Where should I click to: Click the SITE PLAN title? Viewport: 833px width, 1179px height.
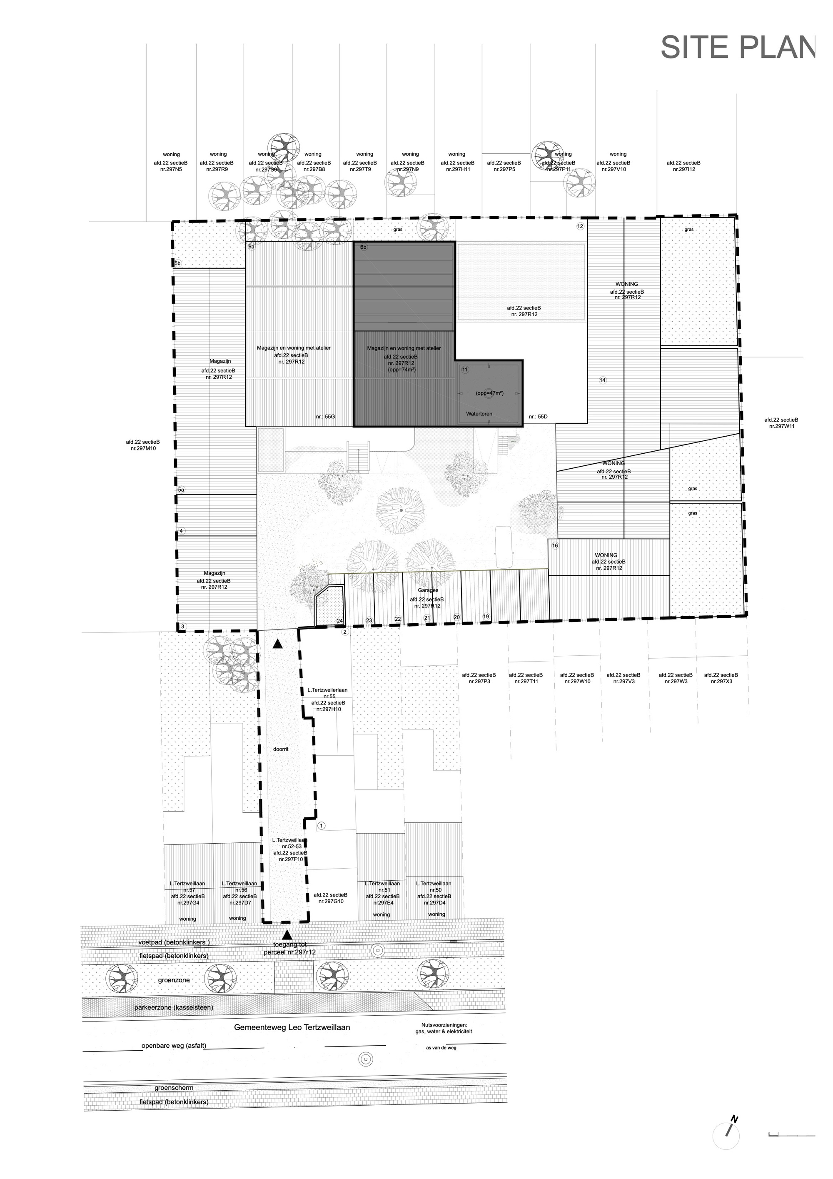737,48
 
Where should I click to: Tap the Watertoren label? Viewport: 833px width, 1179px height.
479,413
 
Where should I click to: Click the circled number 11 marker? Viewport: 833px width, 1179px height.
465,370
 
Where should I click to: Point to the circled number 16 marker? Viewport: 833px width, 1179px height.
554,546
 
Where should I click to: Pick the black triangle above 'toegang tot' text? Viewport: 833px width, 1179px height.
287,936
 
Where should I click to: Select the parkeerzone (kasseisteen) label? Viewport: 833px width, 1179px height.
174,1007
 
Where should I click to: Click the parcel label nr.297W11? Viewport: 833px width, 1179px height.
781,426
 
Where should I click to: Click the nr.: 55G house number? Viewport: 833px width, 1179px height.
325,417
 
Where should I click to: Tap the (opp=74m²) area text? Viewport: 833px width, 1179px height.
402,369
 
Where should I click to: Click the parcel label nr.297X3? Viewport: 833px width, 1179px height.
721,682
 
